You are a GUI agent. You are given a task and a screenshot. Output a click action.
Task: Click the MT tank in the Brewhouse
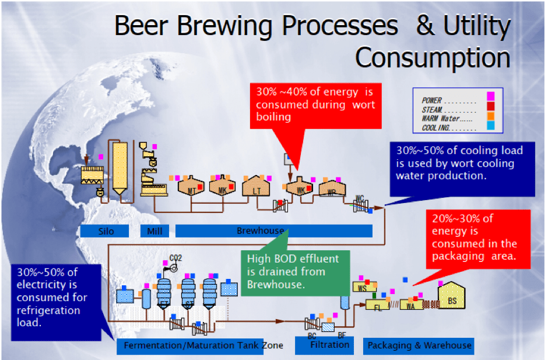(x=191, y=188)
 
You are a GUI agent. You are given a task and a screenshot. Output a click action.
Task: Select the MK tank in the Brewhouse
(x=223, y=188)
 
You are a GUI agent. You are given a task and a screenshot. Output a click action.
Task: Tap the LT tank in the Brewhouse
(x=257, y=188)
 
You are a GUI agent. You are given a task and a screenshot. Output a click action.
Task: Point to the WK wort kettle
(x=299, y=188)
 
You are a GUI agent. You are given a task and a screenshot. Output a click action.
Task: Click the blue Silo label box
(x=106, y=231)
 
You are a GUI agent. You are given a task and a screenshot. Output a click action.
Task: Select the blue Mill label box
(x=154, y=231)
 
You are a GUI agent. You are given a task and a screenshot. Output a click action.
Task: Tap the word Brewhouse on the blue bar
(x=261, y=231)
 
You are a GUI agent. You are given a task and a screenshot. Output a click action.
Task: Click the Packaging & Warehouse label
(x=419, y=345)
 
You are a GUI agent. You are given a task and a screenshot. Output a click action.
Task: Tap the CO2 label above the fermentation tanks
(x=175, y=257)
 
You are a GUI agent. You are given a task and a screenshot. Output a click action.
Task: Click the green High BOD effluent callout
(x=289, y=271)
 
